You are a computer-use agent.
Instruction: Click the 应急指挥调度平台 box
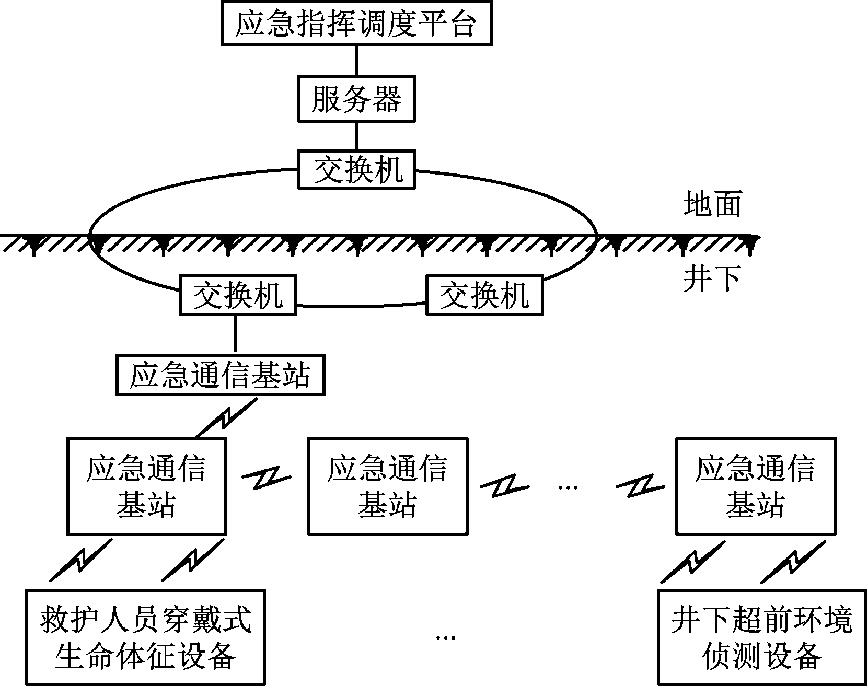tap(356, 24)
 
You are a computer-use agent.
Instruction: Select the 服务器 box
tap(356, 98)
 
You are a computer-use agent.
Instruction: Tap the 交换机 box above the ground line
tap(357, 169)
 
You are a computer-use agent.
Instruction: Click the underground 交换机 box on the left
tap(238, 295)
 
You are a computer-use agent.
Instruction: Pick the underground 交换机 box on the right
tap(484, 295)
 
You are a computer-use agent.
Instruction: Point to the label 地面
tap(712, 204)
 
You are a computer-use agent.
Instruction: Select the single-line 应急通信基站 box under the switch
tap(220, 375)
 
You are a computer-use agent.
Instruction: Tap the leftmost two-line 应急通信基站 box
tap(147, 486)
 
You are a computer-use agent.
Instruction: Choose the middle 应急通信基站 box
tap(388, 486)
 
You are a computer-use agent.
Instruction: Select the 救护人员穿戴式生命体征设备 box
tap(146, 637)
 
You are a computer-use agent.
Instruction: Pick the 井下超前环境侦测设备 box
tap(761, 637)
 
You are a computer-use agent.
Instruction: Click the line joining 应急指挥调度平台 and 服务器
tap(357, 60)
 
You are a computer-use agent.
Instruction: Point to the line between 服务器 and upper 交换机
tap(357, 136)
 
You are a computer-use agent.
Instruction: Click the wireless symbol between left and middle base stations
tap(266, 479)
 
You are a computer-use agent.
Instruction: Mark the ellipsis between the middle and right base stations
tap(568, 487)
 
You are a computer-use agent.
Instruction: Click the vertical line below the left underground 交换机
tap(235, 335)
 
